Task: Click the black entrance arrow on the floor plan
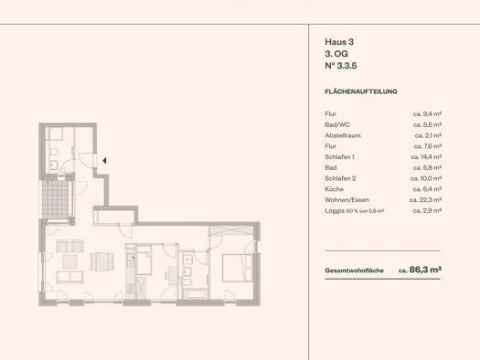click(x=105, y=160)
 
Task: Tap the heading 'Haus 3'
click(x=339, y=42)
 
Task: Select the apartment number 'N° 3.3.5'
click(x=341, y=66)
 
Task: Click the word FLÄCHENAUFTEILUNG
click(x=361, y=91)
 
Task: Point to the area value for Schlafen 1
click(x=426, y=157)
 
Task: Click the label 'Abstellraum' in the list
click(x=343, y=135)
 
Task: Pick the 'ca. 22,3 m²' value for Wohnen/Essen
click(x=425, y=200)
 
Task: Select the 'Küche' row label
click(x=334, y=189)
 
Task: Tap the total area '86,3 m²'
click(x=425, y=270)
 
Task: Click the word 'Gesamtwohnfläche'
click(x=354, y=270)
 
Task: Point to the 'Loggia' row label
click(x=335, y=211)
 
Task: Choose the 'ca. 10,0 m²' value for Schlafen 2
click(x=426, y=178)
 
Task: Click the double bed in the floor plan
click(x=238, y=268)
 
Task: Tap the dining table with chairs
click(x=102, y=261)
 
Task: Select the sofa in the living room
click(x=69, y=277)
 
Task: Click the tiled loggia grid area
click(x=56, y=199)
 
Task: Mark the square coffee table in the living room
click(x=69, y=262)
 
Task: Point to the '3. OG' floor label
click(x=336, y=54)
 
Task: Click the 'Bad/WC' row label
click(x=337, y=124)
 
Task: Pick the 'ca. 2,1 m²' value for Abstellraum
click(x=428, y=135)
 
